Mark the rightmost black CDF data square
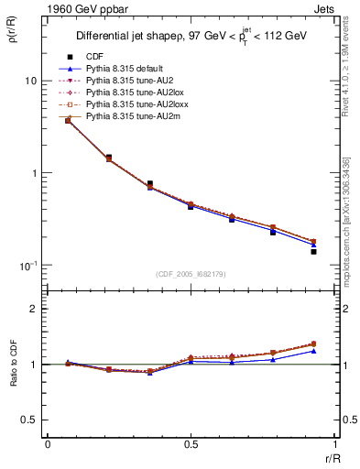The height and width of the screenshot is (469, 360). pyautogui.click(x=313, y=251)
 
